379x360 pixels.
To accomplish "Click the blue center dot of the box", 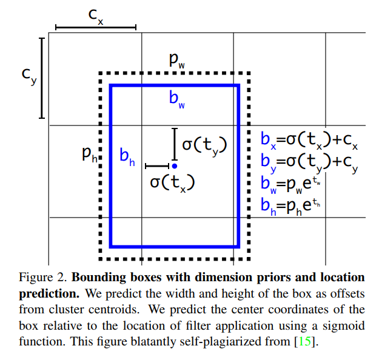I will (174, 165).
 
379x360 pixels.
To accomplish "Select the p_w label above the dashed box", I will (178, 60).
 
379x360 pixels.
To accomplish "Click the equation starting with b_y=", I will (309, 162).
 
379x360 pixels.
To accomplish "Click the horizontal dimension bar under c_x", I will (95, 27).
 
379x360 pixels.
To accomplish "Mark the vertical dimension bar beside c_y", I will (42, 78).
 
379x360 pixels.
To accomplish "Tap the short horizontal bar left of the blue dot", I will (156, 165).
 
